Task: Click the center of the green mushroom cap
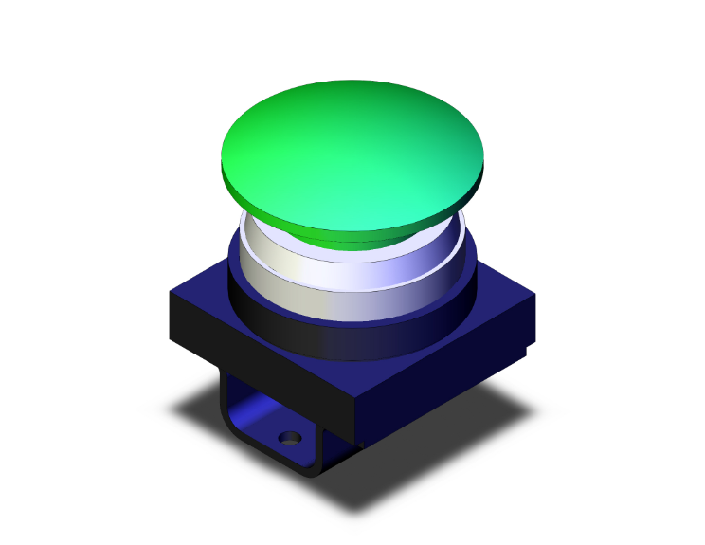[352, 152]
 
